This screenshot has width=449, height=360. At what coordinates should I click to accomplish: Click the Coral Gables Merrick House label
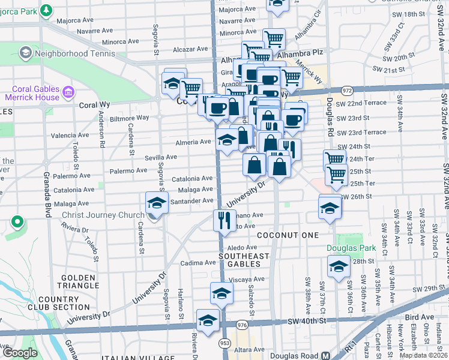tap(32, 92)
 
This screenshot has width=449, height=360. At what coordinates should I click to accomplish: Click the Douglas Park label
tap(351, 248)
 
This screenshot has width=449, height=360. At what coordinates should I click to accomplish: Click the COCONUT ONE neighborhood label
tap(288, 235)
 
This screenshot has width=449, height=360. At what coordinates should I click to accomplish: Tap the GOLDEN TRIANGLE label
tap(77, 281)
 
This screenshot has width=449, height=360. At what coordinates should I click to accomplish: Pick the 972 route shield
tap(346, 90)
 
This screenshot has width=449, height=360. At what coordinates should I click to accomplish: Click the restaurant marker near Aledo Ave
tap(222, 220)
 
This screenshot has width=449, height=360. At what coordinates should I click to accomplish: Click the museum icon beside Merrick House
tap(68, 92)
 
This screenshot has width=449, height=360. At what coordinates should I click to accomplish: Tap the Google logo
tap(20, 353)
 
